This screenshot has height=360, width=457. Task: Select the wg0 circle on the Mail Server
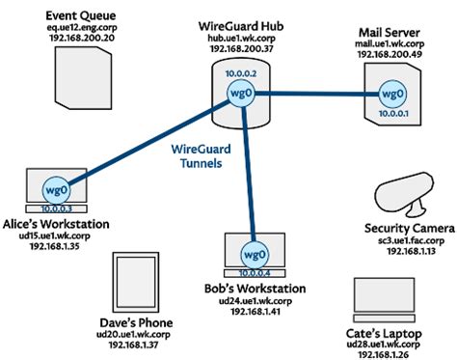pyautogui.click(x=390, y=95)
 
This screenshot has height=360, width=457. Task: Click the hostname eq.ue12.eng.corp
pyautogui.click(x=80, y=29)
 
